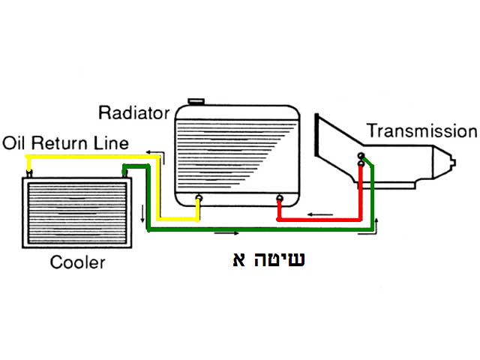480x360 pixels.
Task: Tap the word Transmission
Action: (x=421, y=131)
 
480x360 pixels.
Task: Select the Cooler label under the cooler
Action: (x=77, y=262)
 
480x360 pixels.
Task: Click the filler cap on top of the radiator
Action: (x=196, y=101)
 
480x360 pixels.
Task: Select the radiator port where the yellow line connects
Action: (x=199, y=199)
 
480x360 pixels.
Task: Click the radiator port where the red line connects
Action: (x=280, y=199)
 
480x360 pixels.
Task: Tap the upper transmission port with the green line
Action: (x=361, y=156)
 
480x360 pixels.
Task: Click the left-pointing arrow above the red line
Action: (x=322, y=214)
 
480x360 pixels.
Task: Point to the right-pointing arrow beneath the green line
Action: (x=226, y=232)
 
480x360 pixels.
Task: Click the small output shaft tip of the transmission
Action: (x=453, y=162)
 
